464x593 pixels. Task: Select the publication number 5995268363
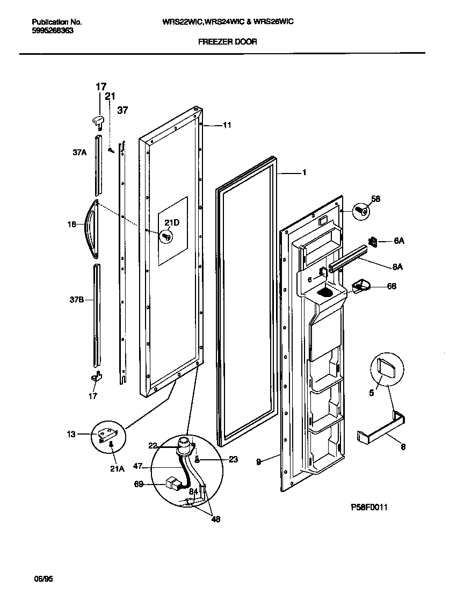[53, 31]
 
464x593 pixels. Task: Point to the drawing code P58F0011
[369, 507]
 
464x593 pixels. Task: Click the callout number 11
[227, 125]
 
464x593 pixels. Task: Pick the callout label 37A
[79, 153]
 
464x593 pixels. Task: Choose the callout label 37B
[78, 300]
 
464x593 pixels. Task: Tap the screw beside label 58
[361, 211]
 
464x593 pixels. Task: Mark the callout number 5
[370, 392]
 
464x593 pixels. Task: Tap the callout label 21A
[117, 468]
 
